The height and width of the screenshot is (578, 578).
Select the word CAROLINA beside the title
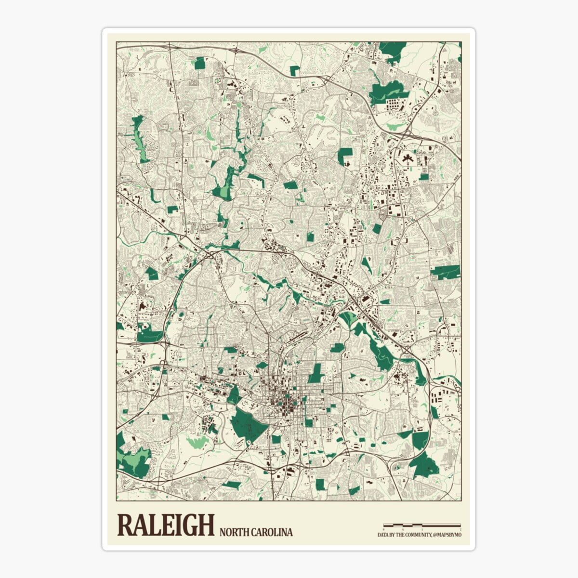point(272,532)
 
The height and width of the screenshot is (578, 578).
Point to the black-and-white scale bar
point(422,525)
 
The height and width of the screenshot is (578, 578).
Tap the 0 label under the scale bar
point(384,529)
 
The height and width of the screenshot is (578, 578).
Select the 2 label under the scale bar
point(460,529)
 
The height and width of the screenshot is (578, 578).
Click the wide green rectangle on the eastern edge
point(446,272)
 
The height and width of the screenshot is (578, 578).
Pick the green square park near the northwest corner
point(199,63)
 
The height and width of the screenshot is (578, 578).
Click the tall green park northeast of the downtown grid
point(315,373)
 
